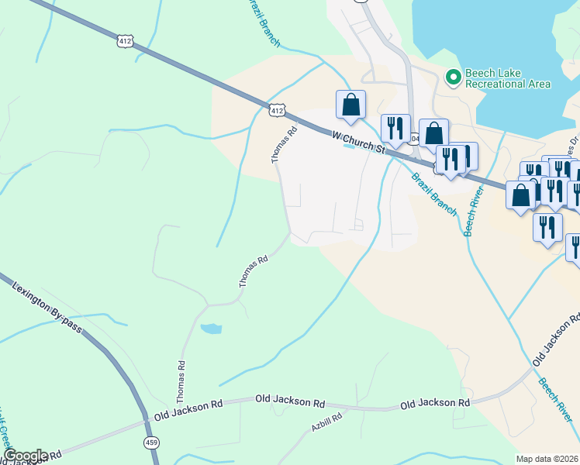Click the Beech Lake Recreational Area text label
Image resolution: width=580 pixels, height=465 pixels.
(508, 79)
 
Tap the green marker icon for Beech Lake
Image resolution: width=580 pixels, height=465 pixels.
(454, 76)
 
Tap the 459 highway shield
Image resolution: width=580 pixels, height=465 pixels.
(151, 442)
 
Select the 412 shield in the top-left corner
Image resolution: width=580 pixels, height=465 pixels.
(126, 39)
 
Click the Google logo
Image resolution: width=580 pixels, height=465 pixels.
(26, 456)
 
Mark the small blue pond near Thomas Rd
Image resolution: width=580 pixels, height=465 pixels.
(211, 329)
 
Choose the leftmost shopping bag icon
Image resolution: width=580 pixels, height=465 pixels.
(350, 104)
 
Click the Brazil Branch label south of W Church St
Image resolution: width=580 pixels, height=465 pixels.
(434, 194)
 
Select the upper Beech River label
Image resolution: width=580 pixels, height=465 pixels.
(475, 213)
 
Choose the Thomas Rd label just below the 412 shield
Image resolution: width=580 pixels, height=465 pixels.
(284, 145)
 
